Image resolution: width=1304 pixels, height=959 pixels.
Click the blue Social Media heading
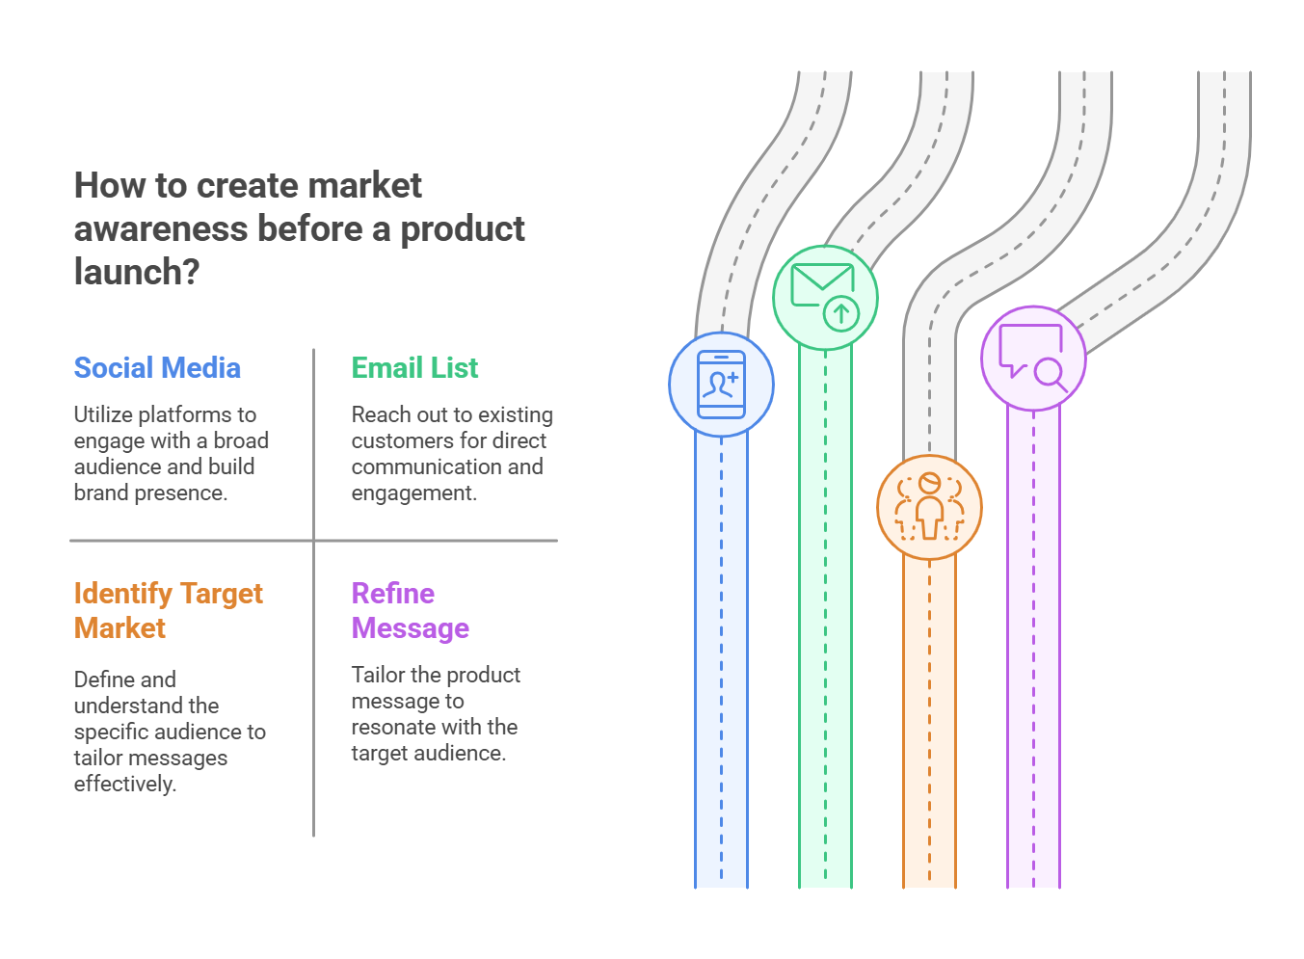[x=157, y=368]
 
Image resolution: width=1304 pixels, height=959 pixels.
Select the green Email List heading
[x=414, y=368]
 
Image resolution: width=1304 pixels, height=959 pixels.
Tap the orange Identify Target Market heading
[x=168, y=610]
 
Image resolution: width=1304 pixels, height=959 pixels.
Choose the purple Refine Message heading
[x=410, y=610]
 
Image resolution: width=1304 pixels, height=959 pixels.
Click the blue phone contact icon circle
[x=721, y=385]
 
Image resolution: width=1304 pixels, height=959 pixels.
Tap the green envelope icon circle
[x=825, y=297]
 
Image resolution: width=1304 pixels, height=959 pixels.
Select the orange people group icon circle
[x=929, y=507]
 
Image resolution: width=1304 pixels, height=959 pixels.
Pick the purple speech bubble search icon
[x=1033, y=359]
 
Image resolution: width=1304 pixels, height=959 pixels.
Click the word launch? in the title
[x=137, y=273]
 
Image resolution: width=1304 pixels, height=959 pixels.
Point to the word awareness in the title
[x=161, y=229]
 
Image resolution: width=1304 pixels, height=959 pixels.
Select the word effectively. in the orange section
[x=125, y=784]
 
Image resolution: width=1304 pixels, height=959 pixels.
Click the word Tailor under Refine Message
[x=378, y=675]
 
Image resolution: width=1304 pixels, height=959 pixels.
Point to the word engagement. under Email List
[x=413, y=493]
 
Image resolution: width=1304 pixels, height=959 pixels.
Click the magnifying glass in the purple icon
[x=1050, y=373]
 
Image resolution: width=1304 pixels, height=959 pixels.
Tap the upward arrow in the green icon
[x=841, y=313]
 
